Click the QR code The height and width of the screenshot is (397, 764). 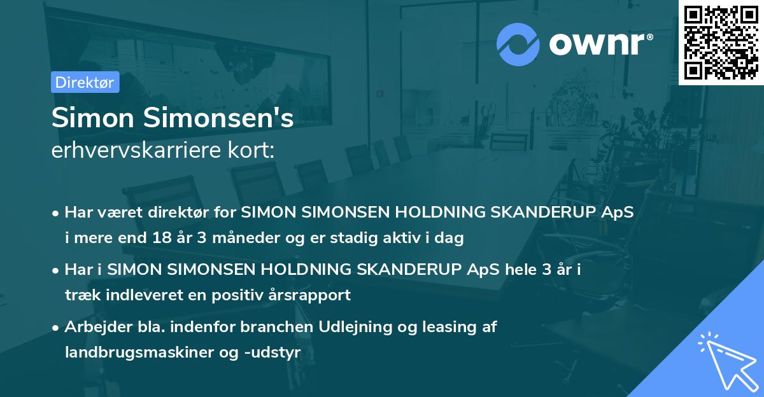click(721, 42)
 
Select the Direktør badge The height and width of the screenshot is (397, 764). click(85, 82)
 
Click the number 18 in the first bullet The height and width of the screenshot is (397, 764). click(161, 239)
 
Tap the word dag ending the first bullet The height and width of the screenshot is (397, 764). click(450, 239)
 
